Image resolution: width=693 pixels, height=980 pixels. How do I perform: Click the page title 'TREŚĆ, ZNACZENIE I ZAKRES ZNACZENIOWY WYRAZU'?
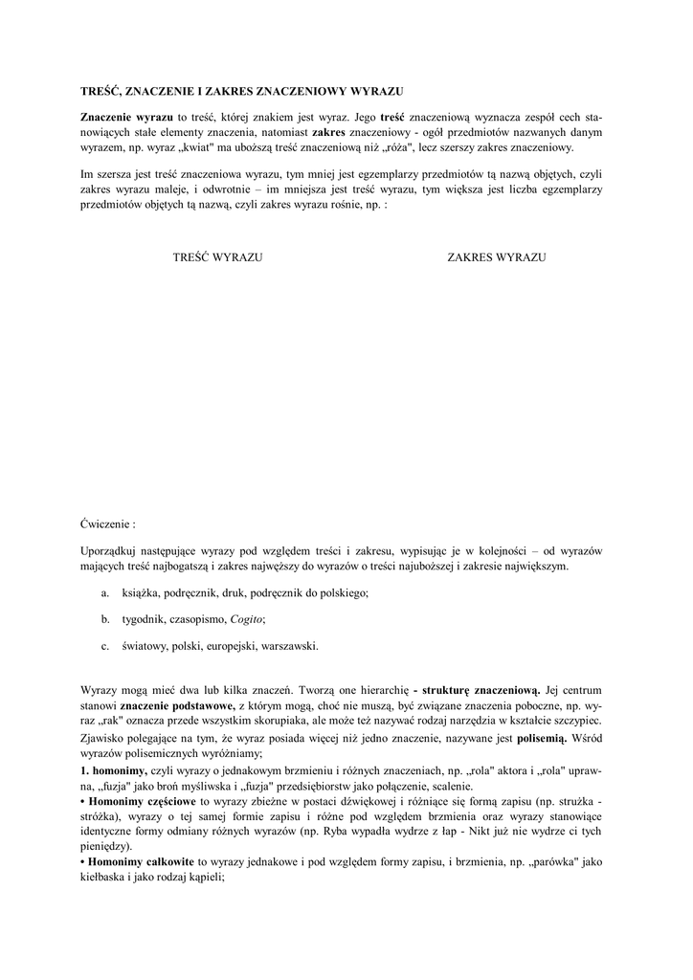[241, 91]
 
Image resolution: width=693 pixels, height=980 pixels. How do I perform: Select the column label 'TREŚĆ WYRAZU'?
[218, 258]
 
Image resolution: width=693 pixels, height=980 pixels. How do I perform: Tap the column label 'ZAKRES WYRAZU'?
[496, 258]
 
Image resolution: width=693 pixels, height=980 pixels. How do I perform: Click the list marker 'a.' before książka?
[104, 594]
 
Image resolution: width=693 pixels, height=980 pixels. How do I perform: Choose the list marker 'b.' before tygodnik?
[104, 620]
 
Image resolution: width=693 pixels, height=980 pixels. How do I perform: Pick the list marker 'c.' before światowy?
[104, 646]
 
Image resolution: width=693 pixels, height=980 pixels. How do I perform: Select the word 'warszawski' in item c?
[288, 646]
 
